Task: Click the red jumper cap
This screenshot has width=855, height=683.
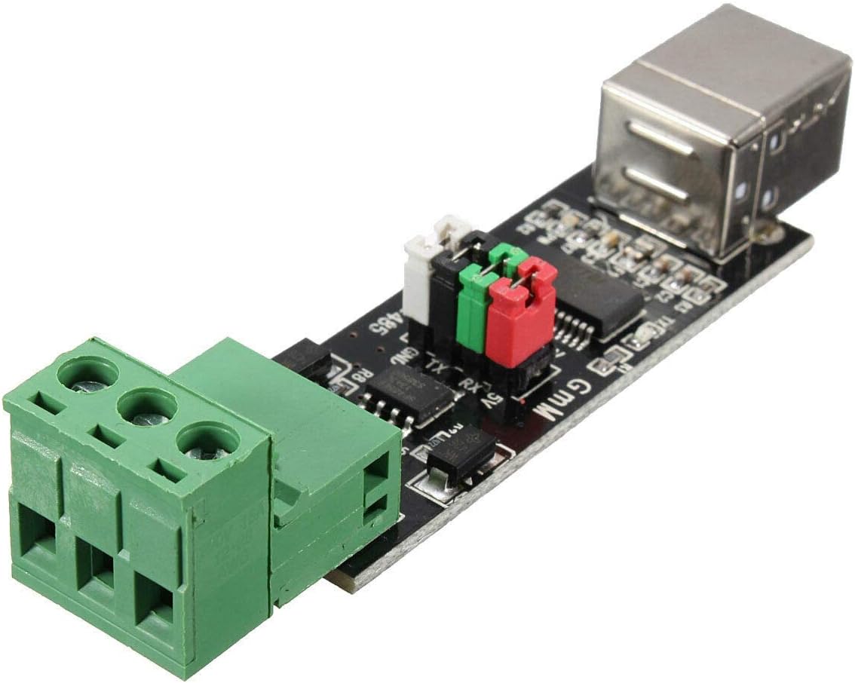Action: pos(519,317)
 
